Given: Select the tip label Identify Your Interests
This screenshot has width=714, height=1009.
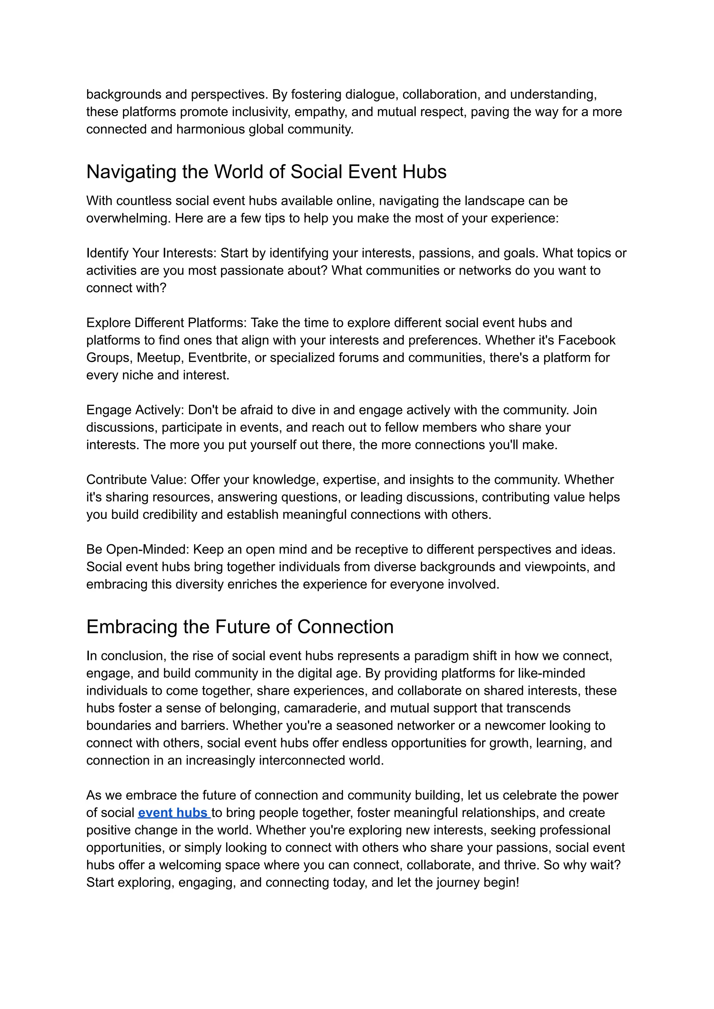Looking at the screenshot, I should click(x=151, y=253).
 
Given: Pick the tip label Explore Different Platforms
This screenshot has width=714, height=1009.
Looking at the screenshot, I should click(x=167, y=323).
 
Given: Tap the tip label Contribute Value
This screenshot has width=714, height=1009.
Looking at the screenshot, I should click(x=136, y=480).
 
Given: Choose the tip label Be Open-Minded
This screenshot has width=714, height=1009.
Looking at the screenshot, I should click(x=138, y=549).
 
